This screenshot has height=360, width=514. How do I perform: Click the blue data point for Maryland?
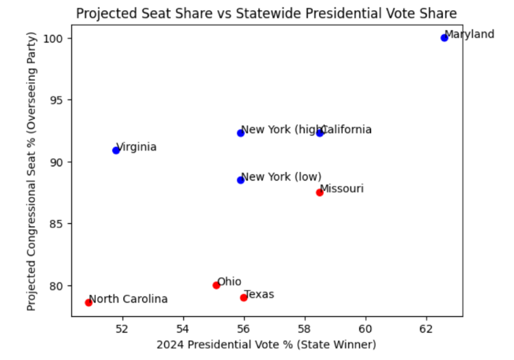click(x=444, y=38)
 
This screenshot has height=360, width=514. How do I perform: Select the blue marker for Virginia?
click(x=116, y=150)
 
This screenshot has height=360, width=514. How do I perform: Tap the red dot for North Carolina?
click(x=88, y=303)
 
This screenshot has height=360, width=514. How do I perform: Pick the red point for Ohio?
click(x=216, y=285)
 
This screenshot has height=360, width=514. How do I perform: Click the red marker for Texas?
click(x=244, y=297)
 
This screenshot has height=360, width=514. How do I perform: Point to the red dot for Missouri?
click(x=320, y=192)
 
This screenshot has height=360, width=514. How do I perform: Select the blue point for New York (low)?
click(x=241, y=180)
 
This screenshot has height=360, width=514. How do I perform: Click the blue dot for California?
click(x=320, y=133)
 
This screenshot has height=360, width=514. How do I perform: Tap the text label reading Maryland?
click(x=470, y=34)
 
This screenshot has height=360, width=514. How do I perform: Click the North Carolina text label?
click(x=129, y=299)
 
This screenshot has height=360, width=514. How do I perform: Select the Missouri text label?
click(x=342, y=188)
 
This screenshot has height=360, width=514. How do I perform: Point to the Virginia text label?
click(x=137, y=146)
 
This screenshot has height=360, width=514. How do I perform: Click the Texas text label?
click(x=259, y=294)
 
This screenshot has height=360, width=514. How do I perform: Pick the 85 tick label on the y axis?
click(x=59, y=224)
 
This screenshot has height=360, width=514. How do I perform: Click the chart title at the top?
click(x=266, y=14)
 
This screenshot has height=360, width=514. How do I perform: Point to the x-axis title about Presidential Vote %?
click(x=266, y=344)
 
